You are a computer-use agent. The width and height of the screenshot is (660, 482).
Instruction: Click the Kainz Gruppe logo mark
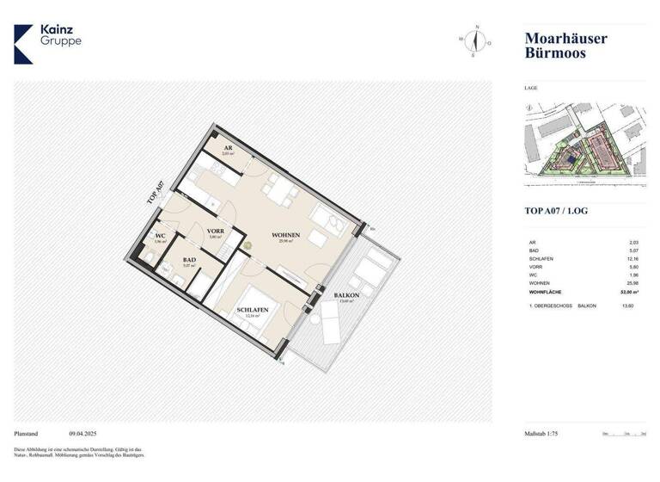click(24, 43)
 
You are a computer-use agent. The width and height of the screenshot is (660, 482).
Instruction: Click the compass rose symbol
click(474, 40)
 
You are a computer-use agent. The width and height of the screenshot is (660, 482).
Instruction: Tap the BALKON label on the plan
click(346, 296)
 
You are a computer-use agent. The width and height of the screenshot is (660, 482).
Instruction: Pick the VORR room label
click(215, 231)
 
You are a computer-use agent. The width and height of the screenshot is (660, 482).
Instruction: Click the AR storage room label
click(228, 148)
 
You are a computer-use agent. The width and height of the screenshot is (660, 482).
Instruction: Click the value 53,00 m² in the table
click(635, 293)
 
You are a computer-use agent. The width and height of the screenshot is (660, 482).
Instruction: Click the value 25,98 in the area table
click(634, 284)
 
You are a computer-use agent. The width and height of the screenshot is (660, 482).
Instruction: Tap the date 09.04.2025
click(84, 434)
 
